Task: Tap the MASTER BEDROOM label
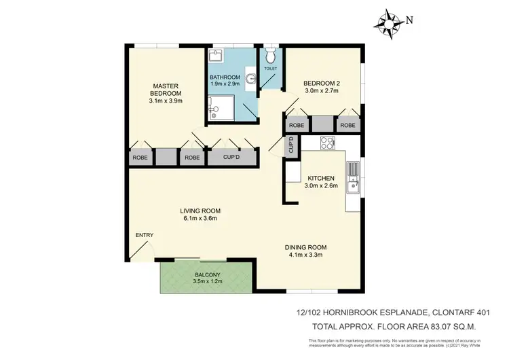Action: [166, 89]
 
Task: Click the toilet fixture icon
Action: [269, 54]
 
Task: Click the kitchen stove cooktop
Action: [327, 143]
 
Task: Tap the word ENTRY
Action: [144, 235]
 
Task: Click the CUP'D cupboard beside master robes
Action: [232, 157]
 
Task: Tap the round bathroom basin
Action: [251, 79]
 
